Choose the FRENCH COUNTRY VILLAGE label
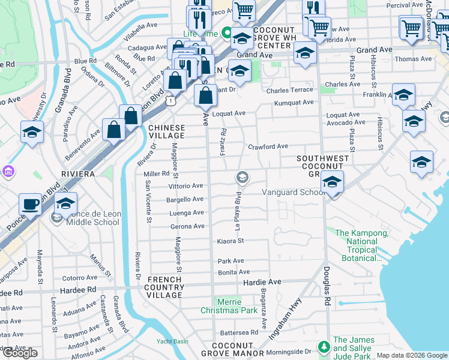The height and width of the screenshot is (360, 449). point(164,287)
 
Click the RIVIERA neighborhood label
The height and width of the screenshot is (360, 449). point(78,173)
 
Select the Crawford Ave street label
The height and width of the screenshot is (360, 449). point(268,146)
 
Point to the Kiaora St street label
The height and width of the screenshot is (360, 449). point(231,241)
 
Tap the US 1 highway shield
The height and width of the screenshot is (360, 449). point(172,102)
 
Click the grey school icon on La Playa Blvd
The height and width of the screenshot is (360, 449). point(243,176)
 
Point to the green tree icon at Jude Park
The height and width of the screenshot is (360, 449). point(324,347)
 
